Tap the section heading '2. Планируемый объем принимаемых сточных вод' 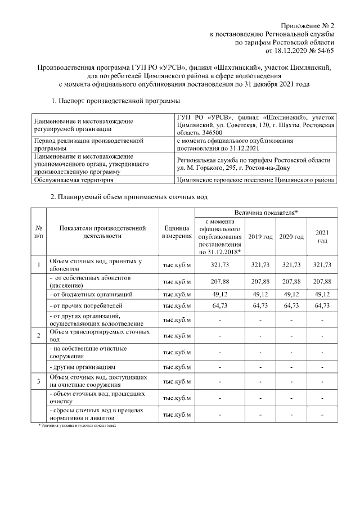pyautogui.click(x=129, y=197)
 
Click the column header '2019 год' pyautogui.click(x=260, y=237)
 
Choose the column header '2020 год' pyautogui.click(x=291, y=237)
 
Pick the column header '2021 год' pyautogui.click(x=322, y=237)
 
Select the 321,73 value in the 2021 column pyautogui.click(x=322, y=265)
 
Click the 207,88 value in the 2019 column pyautogui.click(x=260, y=281)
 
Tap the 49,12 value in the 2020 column pyautogui.click(x=291, y=294)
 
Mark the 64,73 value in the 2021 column pyautogui.click(x=322, y=307)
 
